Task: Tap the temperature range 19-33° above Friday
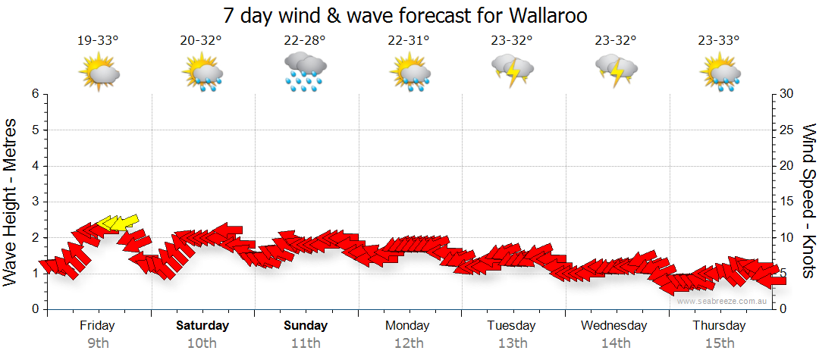point(99,40)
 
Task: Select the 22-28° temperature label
point(305,40)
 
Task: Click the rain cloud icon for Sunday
point(305,72)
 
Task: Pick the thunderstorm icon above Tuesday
point(512,70)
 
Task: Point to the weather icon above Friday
point(99,72)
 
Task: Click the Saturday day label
point(202,326)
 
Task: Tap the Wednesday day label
point(614,326)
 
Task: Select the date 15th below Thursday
point(719,343)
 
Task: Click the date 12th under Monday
point(409,343)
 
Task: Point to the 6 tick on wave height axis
point(35,94)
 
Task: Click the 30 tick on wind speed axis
point(788,94)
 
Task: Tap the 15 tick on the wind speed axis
point(788,202)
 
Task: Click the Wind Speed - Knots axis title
point(808,200)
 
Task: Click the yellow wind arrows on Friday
point(117,222)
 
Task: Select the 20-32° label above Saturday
point(202,40)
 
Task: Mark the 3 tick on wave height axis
point(35,202)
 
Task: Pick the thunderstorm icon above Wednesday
point(616,70)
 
